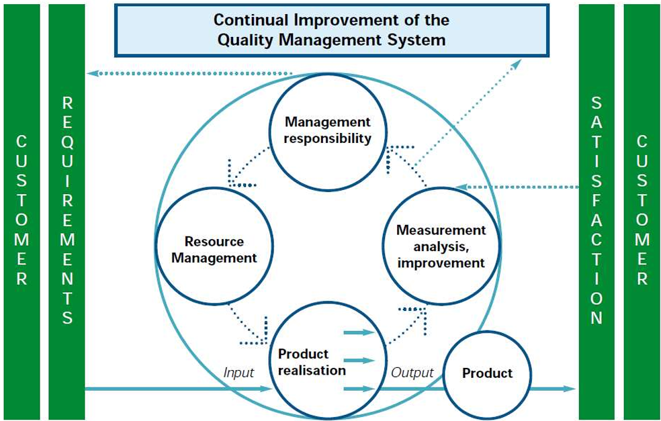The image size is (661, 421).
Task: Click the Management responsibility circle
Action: [327, 131]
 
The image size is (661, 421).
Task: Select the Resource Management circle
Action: [214, 249]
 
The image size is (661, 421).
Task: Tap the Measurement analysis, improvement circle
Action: [440, 246]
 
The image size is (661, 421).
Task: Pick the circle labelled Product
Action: [487, 373]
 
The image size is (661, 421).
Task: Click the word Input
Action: [238, 372]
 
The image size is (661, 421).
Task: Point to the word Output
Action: [412, 372]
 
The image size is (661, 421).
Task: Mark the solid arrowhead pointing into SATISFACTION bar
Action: [570, 389]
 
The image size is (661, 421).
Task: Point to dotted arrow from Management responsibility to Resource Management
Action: [245, 168]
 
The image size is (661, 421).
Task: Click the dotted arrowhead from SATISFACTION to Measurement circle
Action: [460, 186]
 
